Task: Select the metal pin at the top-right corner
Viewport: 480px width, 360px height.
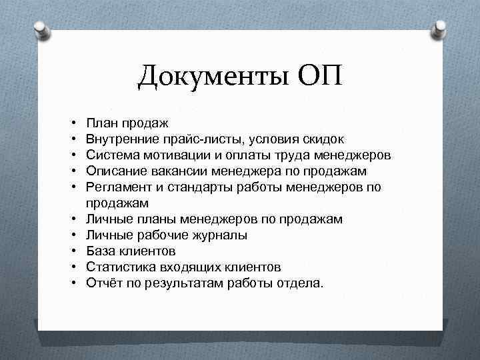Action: tap(440, 29)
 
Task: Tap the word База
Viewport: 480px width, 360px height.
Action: tap(101, 251)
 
